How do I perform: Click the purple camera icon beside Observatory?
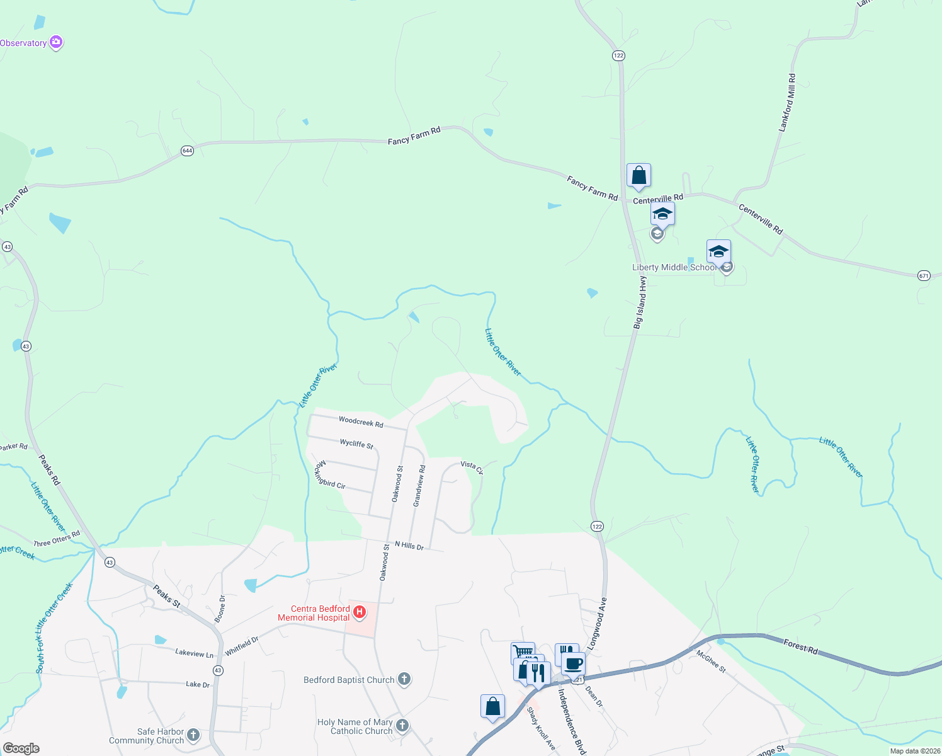[x=56, y=42]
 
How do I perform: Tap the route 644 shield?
[x=187, y=151]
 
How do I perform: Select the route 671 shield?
[x=924, y=275]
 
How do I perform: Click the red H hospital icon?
[x=360, y=612]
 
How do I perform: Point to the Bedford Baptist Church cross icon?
[x=404, y=679]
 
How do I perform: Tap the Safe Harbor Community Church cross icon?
[x=193, y=734]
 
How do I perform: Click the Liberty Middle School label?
[x=674, y=267]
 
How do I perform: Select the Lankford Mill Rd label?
[x=787, y=103]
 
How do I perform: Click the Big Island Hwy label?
[x=640, y=303]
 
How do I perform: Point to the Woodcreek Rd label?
[x=361, y=421]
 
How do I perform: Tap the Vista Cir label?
[x=472, y=467]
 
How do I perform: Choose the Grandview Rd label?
[x=419, y=485]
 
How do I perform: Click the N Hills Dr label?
[x=409, y=545]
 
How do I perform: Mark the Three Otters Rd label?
[x=57, y=539]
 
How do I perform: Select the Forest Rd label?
[x=800, y=646]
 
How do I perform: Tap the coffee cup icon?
[x=573, y=663]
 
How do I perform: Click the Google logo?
[x=21, y=748]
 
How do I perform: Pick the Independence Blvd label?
[x=572, y=721]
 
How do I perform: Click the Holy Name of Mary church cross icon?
[x=402, y=726]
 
